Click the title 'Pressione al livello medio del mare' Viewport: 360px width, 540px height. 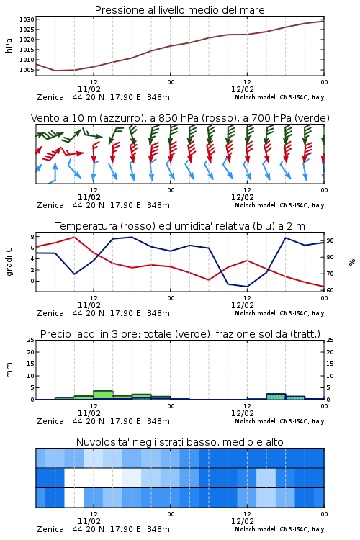coord(179,10)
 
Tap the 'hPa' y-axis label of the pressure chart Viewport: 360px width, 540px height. coord(9,45)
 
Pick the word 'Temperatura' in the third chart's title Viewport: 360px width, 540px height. coord(86,226)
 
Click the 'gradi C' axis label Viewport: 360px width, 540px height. coord(9,262)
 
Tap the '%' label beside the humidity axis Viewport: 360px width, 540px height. coord(352,262)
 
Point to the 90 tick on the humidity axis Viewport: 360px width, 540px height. coord(330,240)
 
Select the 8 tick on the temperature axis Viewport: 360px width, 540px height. coord(32,237)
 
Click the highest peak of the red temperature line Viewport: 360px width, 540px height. coord(74,237)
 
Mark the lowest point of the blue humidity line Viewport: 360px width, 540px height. coord(247,287)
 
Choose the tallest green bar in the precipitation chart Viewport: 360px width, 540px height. coord(103,395)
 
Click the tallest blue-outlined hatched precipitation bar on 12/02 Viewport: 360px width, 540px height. coord(276,397)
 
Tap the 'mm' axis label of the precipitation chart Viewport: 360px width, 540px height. coord(9,369)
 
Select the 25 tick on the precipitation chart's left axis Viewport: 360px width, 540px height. coord(31,340)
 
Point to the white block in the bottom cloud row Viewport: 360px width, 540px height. coord(74,498)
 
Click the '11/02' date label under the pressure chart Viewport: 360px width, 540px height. coord(89,89)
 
